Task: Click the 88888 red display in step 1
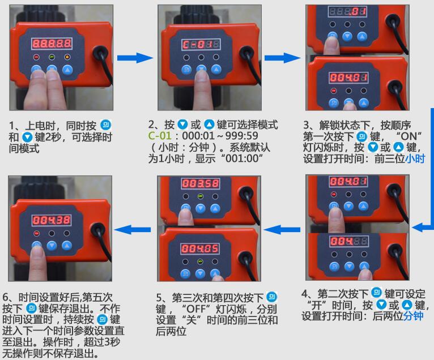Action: click(51, 43)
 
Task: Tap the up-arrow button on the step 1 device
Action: click(67, 71)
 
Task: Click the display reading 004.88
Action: click(347, 241)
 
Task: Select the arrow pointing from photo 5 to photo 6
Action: click(133, 229)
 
